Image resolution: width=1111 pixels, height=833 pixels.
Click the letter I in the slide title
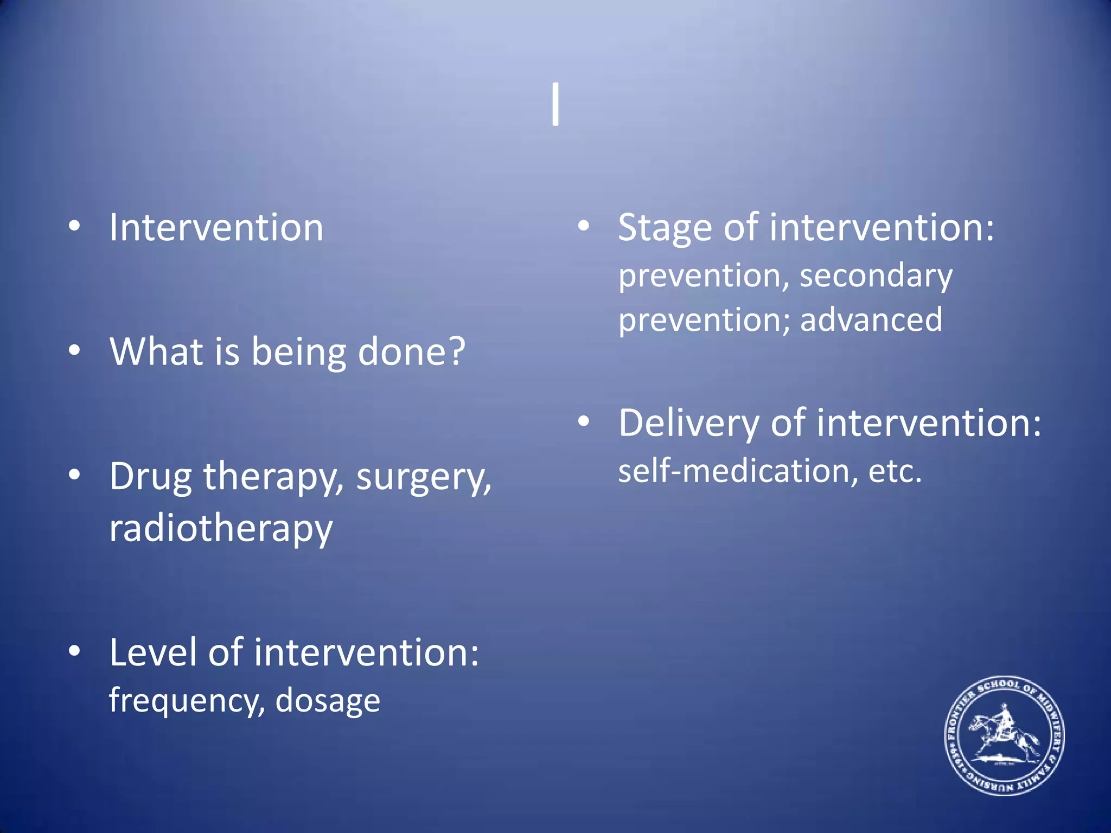[x=555, y=105]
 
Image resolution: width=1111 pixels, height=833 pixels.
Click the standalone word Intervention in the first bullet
[x=216, y=228]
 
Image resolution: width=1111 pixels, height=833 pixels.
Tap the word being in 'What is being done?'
[x=298, y=353]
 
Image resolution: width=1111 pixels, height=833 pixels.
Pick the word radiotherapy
[x=221, y=529]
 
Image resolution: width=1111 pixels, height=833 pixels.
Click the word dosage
[x=328, y=701]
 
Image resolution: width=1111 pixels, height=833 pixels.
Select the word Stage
[x=665, y=228]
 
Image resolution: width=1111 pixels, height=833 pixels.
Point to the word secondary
[x=876, y=277]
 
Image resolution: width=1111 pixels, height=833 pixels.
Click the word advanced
[x=871, y=320]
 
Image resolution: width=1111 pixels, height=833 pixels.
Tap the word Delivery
[x=688, y=424]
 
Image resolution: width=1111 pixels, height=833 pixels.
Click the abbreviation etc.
[x=895, y=471]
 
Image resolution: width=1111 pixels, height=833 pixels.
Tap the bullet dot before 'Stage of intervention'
[x=583, y=226]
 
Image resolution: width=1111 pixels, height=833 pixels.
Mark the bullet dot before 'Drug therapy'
[x=74, y=475]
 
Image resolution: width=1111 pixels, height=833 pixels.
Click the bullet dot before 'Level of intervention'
[x=74, y=651]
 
